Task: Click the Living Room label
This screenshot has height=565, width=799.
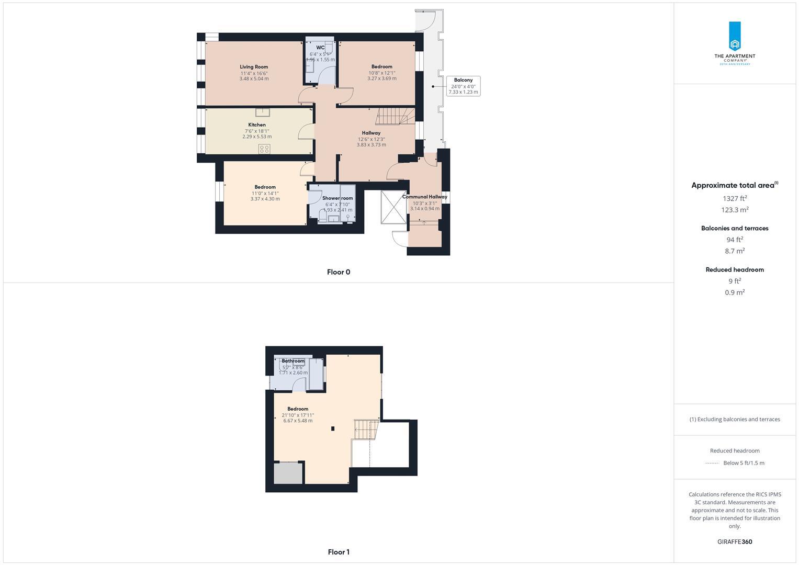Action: pos(254,67)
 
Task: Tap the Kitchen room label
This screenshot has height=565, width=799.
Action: pos(257,125)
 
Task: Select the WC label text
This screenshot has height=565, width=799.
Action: pos(320,48)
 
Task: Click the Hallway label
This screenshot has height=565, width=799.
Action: pos(371,133)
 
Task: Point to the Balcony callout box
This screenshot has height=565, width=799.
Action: pos(463,86)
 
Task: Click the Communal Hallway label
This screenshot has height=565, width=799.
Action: pos(424,197)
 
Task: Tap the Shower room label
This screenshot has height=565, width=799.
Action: pos(337,198)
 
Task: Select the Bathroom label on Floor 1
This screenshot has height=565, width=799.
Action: pos(293,361)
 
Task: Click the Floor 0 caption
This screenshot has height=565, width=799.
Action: pos(339,272)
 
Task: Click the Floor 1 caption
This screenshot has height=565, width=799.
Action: pos(339,552)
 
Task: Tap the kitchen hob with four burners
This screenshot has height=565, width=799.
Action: pos(264,149)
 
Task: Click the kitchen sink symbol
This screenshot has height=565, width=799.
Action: pos(262,111)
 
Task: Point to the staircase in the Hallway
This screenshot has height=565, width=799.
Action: pos(396,116)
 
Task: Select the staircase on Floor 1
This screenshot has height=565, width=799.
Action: pos(366,429)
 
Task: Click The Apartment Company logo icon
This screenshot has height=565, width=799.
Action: pos(735,37)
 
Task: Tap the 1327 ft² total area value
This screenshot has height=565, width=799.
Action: pos(735,198)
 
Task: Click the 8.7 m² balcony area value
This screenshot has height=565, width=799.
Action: pos(735,251)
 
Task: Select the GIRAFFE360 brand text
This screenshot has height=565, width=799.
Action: pos(735,542)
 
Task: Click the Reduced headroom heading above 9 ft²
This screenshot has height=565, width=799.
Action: pos(735,270)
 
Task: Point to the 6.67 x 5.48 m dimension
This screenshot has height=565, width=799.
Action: pos(298,421)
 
